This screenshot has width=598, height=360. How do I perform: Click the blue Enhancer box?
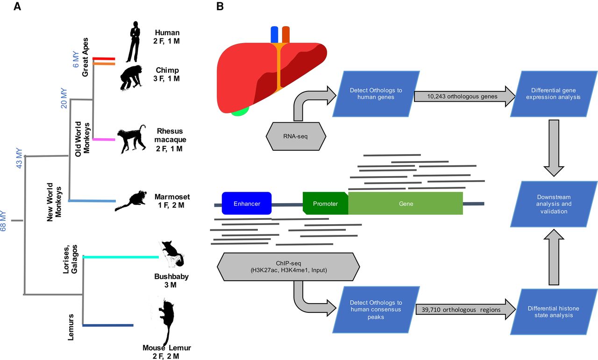coord(247,204)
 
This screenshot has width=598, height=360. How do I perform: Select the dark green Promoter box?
coord(325,204)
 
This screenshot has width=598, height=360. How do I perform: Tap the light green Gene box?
coord(406,204)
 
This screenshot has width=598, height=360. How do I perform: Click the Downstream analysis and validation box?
coord(554,204)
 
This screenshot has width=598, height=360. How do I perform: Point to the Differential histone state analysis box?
coord(554,312)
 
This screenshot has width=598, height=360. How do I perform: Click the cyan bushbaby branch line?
coord(121,257)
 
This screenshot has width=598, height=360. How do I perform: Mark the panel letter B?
coord(220,7)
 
